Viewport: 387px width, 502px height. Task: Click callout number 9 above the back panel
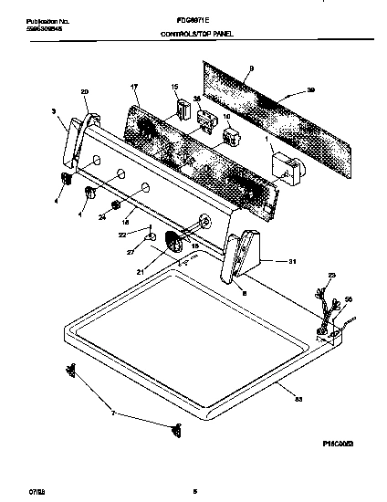[x=239, y=69]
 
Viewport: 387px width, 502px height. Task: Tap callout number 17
[x=134, y=88]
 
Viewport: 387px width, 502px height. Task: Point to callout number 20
[x=85, y=92]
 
